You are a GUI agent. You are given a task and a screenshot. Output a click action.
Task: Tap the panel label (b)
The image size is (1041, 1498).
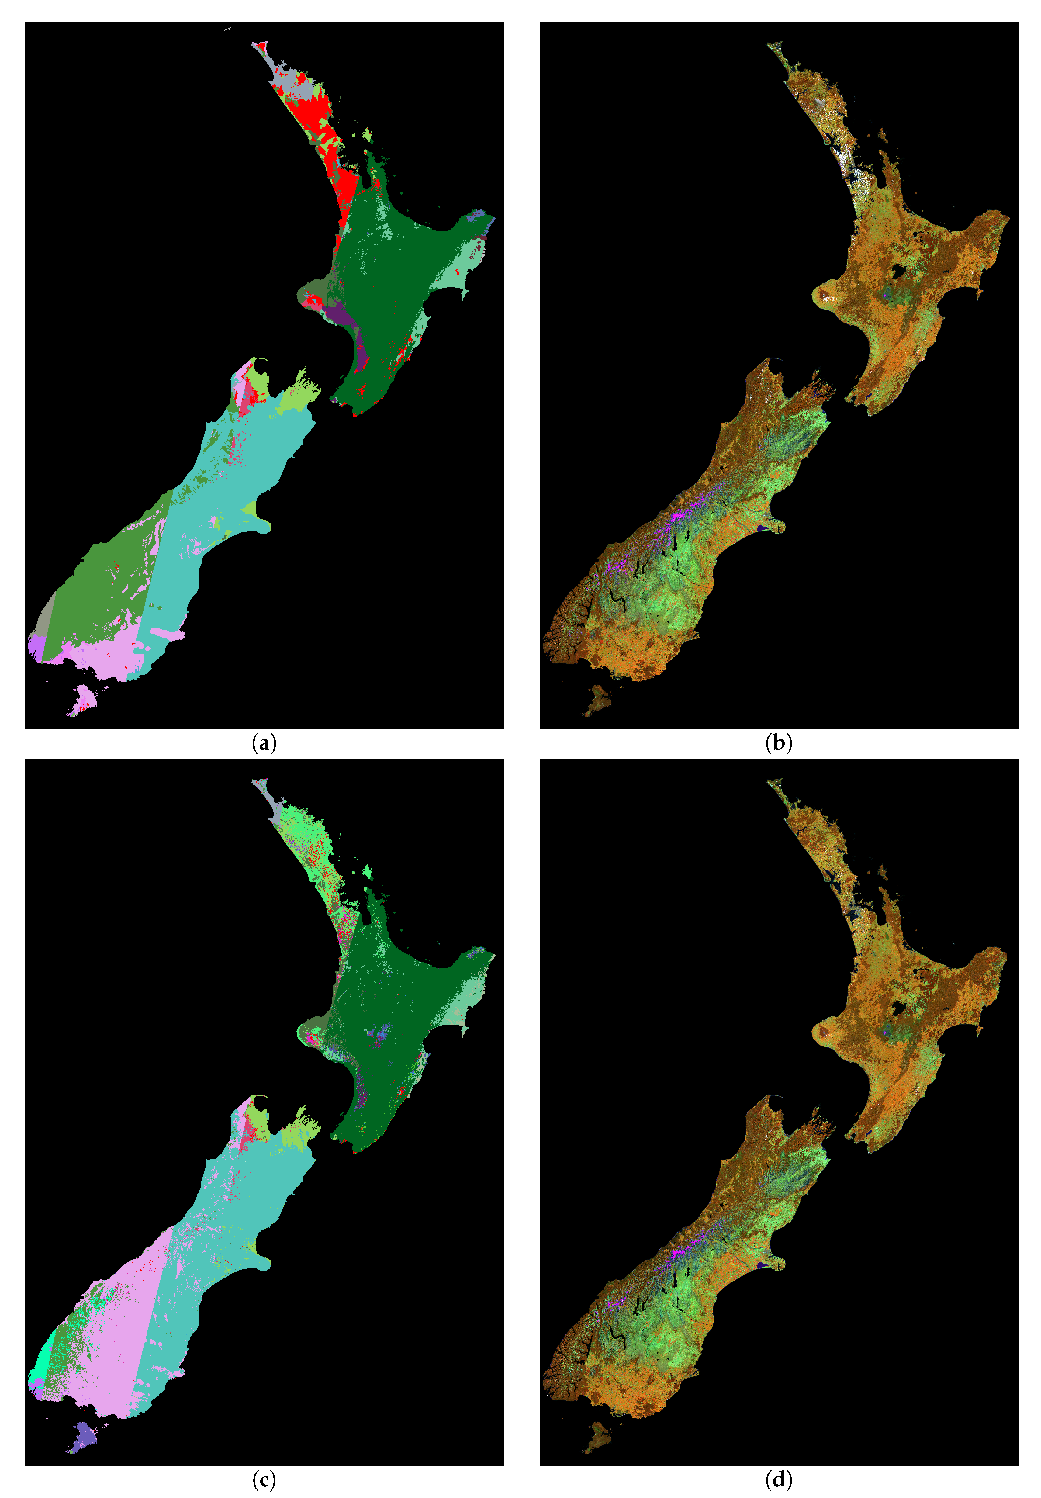(x=778, y=743)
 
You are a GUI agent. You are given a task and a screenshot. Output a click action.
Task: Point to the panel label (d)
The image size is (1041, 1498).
(x=778, y=1480)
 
